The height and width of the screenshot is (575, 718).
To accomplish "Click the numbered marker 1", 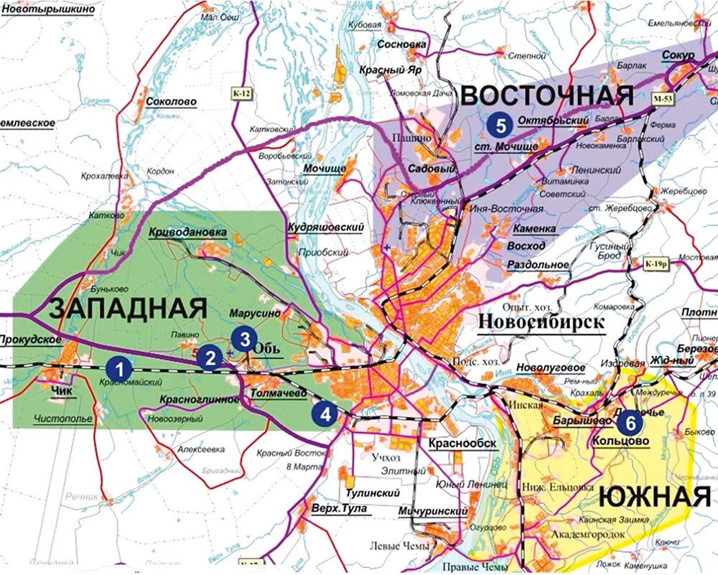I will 120,368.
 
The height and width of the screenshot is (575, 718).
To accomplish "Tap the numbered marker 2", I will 210,357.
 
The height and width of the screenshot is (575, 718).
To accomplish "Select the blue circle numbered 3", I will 245,339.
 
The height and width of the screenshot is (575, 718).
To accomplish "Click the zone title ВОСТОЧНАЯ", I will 546,95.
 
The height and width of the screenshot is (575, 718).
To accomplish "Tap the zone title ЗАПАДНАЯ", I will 128,309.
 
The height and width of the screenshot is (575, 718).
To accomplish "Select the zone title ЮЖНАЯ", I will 654,496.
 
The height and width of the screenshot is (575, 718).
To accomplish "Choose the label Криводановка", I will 187,233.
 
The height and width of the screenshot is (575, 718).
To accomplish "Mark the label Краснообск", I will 462,444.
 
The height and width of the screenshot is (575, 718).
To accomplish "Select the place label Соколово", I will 171,102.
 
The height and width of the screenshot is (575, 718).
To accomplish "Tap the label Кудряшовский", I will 325,227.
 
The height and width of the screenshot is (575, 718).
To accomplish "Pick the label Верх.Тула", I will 339,508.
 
